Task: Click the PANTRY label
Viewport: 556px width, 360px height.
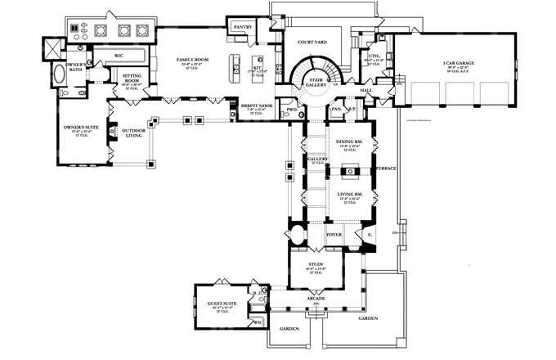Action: tap(243, 27)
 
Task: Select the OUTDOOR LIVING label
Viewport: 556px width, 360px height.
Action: tap(134, 134)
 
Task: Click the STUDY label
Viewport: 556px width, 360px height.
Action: tap(316, 264)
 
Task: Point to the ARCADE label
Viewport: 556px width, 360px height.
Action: tap(316, 299)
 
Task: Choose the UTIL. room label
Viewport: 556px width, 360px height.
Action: tap(374, 56)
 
